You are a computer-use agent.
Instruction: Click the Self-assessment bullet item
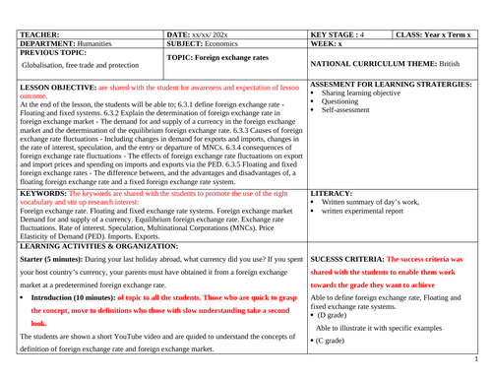pyautogui.click(x=348, y=110)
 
